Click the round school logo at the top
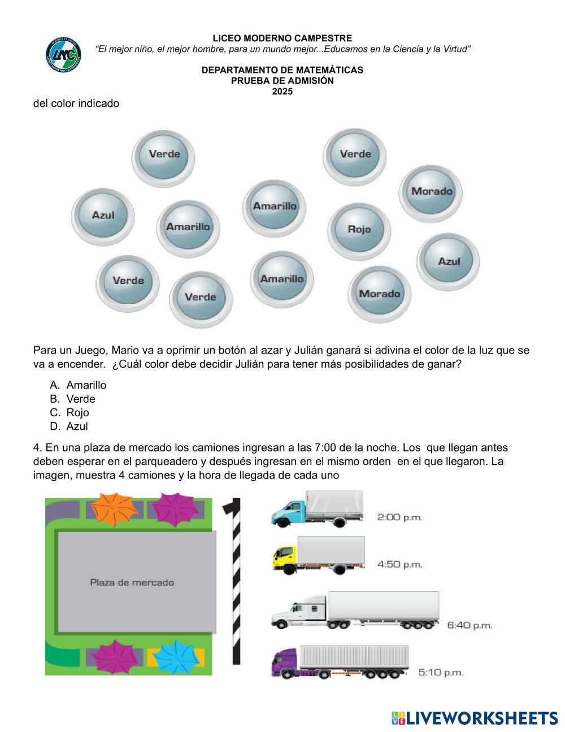(63, 55)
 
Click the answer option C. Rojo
(77, 412)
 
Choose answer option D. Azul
(77, 427)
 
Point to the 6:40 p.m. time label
(470, 625)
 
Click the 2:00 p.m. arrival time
(399, 517)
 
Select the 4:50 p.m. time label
(399, 564)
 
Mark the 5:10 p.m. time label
(441, 672)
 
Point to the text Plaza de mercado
(132, 582)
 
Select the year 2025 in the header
(282, 91)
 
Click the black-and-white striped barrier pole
(236, 583)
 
